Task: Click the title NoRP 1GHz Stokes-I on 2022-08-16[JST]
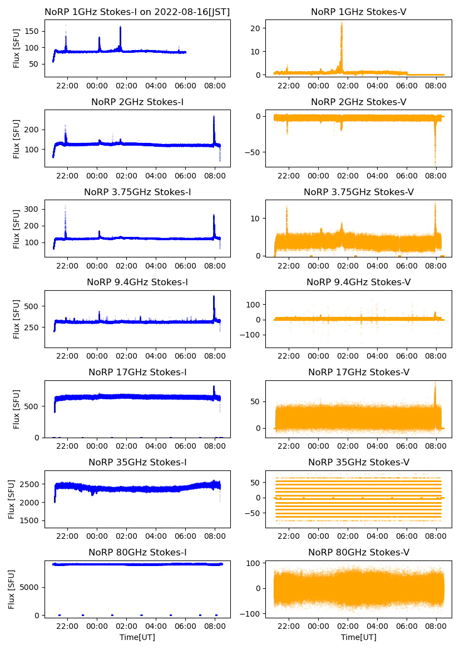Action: tap(137, 12)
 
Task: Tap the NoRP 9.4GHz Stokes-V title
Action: tap(358, 282)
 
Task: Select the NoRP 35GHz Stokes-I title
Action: tap(137, 463)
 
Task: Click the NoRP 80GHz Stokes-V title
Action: tap(358, 553)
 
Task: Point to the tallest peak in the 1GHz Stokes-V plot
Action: tap(342, 23)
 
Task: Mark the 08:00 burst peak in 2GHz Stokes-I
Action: tap(214, 117)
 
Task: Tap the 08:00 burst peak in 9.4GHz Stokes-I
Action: tap(214, 297)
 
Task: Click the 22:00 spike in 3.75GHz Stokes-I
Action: tap(65, 207)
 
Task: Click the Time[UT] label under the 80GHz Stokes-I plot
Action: tap(137, 637)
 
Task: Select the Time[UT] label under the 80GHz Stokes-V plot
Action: tap(358, 637)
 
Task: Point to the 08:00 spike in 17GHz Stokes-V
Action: tap(434, 384)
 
